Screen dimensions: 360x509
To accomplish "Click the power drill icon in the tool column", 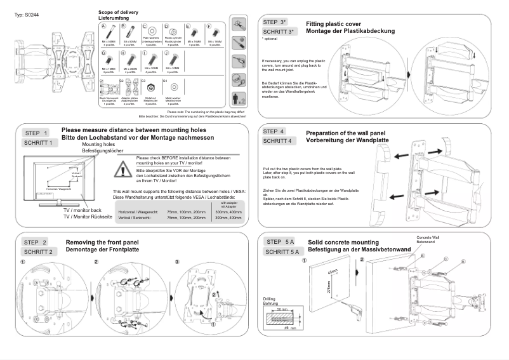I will [x=239, y=61].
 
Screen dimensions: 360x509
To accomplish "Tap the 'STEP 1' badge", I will [x=37, y=133].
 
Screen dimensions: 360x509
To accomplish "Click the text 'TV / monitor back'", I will [x=82, y=210].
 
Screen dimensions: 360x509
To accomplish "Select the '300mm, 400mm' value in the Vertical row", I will [x=228, y=217].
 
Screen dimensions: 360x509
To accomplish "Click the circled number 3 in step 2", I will [x=176, y=262].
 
